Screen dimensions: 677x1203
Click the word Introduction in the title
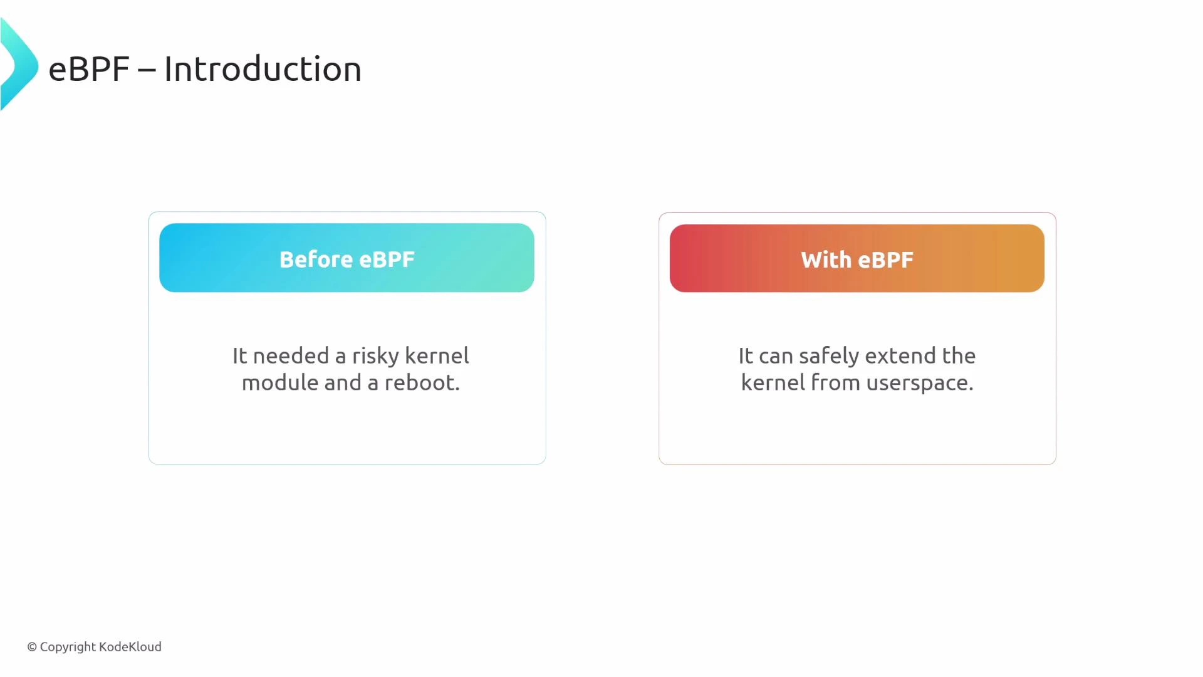[263, 69]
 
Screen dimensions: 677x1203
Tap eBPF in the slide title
[88, 69]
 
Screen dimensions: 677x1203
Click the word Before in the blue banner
[316, 260]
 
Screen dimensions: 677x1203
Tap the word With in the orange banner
[825, 260]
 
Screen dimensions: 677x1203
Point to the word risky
[375, 356]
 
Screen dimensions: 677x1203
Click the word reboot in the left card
[421, 383]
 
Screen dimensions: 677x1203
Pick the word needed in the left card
[291, 356]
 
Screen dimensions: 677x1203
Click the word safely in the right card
[828, 356]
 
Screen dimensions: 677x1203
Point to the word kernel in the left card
[437, 356]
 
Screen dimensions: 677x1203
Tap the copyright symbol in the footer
[32, 647]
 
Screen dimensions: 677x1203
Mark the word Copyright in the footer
[68, 647]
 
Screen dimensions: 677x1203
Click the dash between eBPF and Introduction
[147, 70]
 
